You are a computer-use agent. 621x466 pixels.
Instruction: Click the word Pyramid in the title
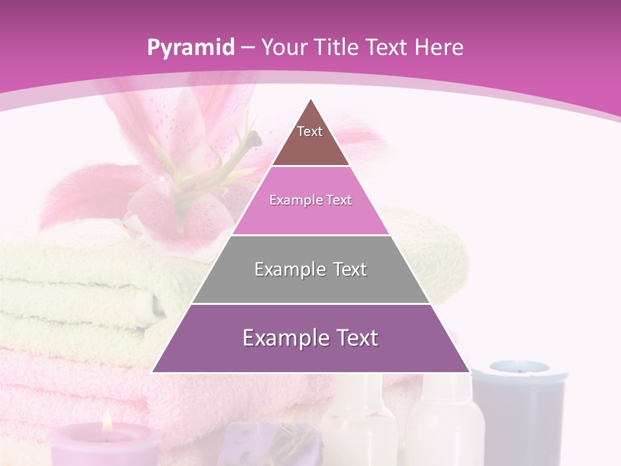[190, 48]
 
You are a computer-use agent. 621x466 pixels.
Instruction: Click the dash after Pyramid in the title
[248, 48]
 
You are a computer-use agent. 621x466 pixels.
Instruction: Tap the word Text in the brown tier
[310, 131]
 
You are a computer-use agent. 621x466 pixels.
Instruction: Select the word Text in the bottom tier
[352, 338]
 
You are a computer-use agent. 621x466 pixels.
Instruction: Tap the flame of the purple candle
[107, 423]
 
